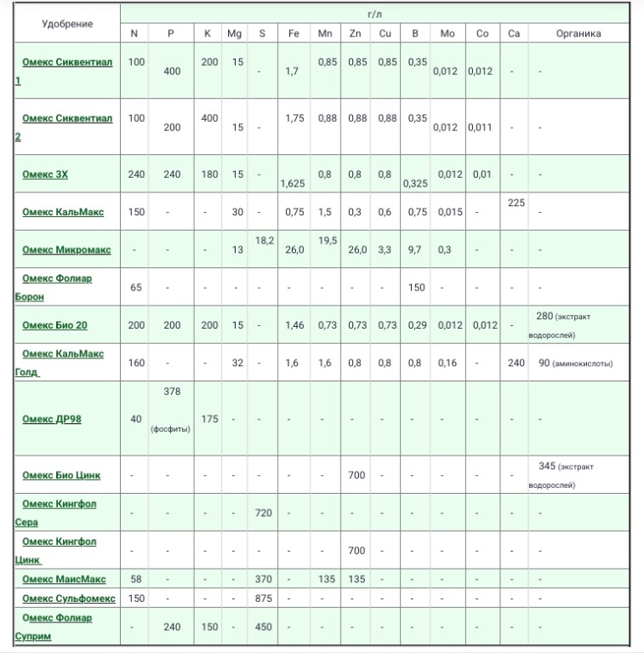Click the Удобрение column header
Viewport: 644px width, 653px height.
point(67,24)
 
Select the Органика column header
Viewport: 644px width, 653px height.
point(578,34)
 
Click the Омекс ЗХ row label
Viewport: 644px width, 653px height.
point(45,175)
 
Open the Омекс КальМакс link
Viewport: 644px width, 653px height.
point(63,212)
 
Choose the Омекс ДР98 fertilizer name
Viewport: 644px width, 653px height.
point(52,419)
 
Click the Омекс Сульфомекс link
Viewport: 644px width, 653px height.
point(69,599)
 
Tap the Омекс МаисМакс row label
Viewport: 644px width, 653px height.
point(64,579)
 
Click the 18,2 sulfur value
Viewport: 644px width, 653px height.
point(264,241)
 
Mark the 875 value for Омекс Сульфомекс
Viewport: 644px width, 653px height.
point(264,599)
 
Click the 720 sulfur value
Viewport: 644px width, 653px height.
point(264,513)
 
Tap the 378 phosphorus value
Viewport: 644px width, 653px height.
point(171,392)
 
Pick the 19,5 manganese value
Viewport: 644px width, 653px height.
point(327,241)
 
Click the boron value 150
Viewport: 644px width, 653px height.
point(416,288)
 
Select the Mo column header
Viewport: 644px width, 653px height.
point(447,34)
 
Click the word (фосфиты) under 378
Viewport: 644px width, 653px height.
point(171,429)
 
